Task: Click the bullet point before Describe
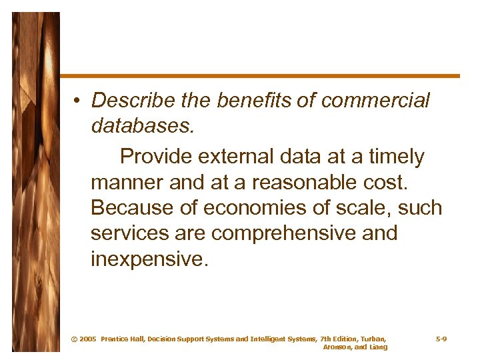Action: tap(78, 101)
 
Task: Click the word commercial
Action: tap(376, 101)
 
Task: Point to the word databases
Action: tap(142, 126)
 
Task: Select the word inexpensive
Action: tap(150, 259)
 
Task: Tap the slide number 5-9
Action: tap(441, 339)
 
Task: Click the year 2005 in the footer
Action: tap(87, 339)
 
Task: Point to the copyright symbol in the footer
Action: tap(73, 339)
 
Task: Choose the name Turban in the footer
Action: tap(372, 339)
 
